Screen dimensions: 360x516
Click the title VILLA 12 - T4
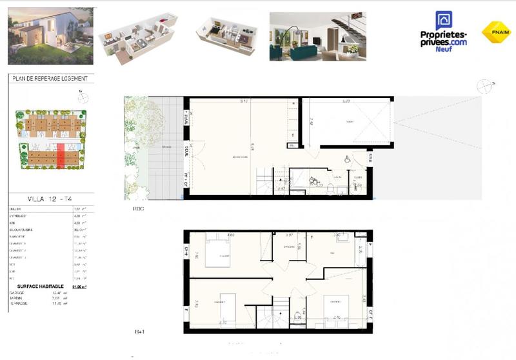pos(50,199)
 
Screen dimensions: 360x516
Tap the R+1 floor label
pos(139,332)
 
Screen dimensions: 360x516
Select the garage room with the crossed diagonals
pos(348,123)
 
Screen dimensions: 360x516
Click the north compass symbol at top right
pos(484,86)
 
